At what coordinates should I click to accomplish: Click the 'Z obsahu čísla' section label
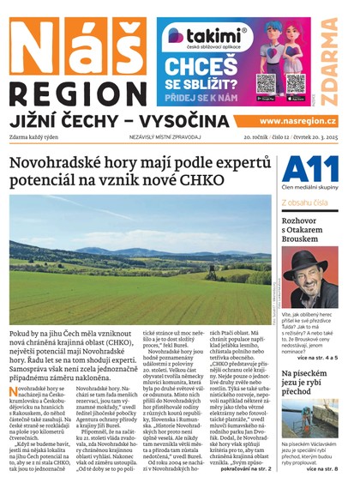304,202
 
